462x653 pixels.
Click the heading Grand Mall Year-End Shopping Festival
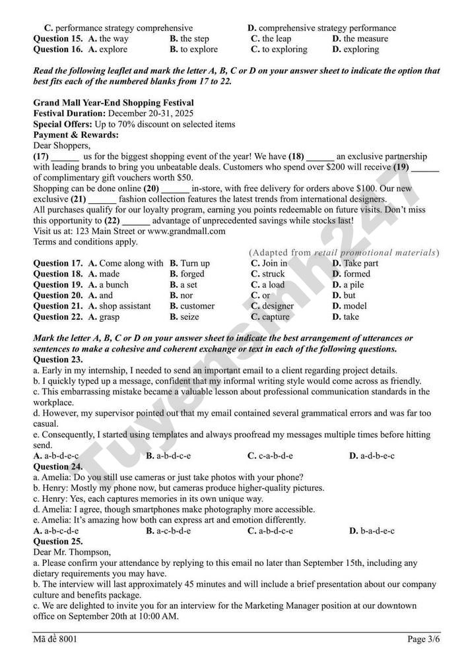point(114,103)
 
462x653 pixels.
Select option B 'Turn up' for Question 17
point(189,263)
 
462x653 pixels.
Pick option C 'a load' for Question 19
point(268,285)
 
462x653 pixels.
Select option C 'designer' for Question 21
point(273,306)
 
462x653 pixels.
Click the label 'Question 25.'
point(58,541)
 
